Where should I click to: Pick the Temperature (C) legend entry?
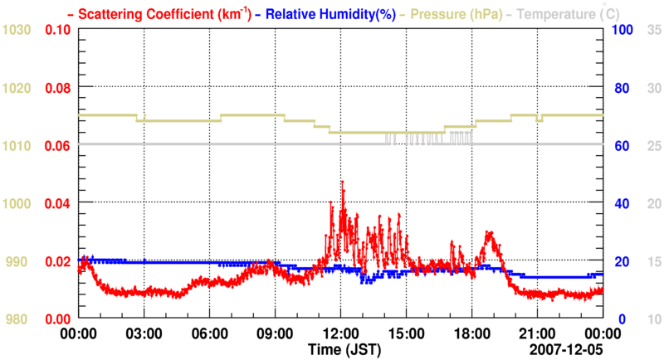tap(564, 14)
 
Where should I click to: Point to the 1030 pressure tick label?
tap(17, 30)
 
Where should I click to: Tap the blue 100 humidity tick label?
tap(623, 30)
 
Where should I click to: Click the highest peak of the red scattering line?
tap(342, 182)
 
